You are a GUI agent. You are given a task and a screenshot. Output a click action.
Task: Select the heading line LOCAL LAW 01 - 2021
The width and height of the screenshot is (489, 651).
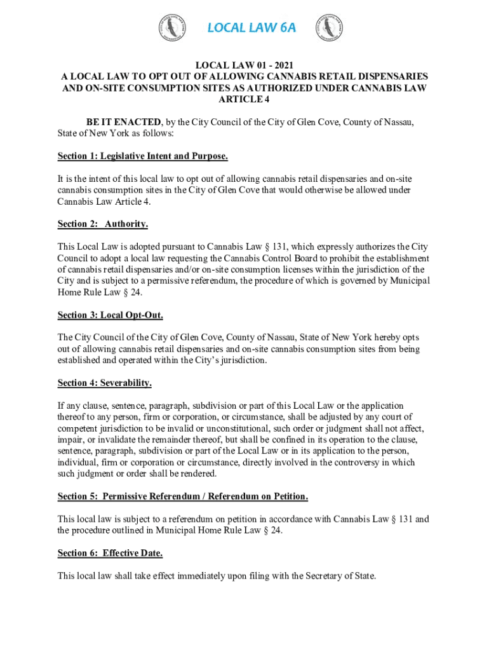244,64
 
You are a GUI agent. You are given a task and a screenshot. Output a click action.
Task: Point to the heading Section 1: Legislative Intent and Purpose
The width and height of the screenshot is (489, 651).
142,156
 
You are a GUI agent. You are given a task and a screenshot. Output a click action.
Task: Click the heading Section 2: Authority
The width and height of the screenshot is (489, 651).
102,224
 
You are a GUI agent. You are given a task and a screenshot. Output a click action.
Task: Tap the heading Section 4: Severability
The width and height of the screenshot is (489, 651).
104,383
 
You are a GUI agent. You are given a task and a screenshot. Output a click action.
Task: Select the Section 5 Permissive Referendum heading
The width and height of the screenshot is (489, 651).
183,496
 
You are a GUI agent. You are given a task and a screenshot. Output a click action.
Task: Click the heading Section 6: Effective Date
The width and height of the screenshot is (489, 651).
110,553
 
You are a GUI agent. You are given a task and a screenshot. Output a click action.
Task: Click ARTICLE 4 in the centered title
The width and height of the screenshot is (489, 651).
244,99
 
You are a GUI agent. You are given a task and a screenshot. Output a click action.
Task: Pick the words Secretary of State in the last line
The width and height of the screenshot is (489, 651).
341,576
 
